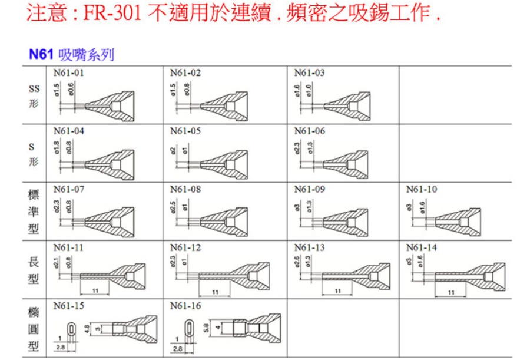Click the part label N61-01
(68, 73)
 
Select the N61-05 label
(185, 131)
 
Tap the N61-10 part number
(422, 190)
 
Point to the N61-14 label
(422, 247)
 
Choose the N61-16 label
(185, 306)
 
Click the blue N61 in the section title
(41, 55)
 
